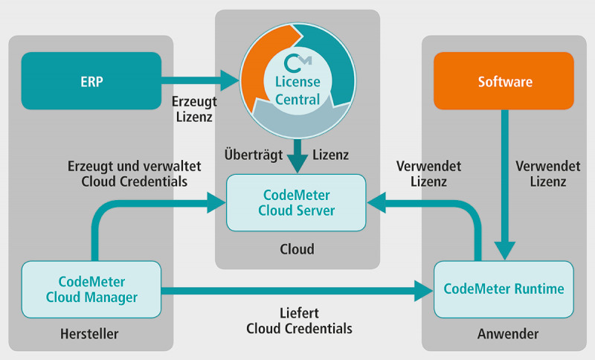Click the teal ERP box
click(91, 80)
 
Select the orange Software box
click(504, 80)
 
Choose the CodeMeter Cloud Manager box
click(91, 289)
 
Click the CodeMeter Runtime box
click(504, 289)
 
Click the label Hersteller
click(90, 334)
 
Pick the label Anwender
click(504, 334)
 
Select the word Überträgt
click(252, 154)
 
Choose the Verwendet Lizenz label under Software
click(541, 173)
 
